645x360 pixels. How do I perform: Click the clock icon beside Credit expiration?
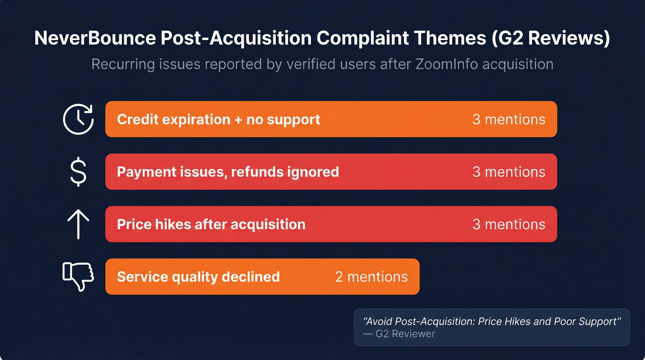coord(78,119)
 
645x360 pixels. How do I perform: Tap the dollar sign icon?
coord(78,171)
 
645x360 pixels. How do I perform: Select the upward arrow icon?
coord(78,224)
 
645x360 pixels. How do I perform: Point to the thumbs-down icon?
coord(78,277)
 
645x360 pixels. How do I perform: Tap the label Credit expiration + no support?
coord(218,119)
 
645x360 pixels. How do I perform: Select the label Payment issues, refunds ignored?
coord(228,172)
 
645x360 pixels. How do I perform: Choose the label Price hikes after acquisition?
coord(211,224)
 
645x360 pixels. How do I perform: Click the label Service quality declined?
coord(198,277)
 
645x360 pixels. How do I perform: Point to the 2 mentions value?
coord(371,277)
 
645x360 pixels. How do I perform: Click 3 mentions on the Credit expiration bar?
coord(509,119)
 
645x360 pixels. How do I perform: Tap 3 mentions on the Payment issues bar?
coord(509,172)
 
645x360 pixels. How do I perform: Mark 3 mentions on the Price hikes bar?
coord(509,224)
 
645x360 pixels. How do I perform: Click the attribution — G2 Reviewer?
coord(399,334)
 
